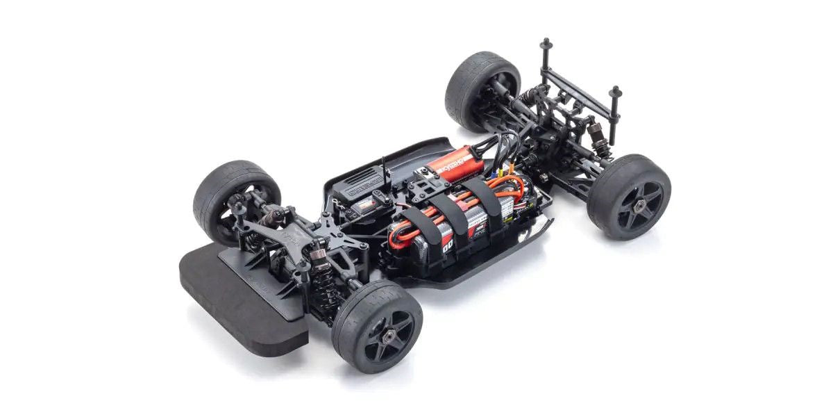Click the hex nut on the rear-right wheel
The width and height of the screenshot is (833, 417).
pos(639,202)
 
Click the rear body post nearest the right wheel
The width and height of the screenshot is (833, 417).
pos(614,111)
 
